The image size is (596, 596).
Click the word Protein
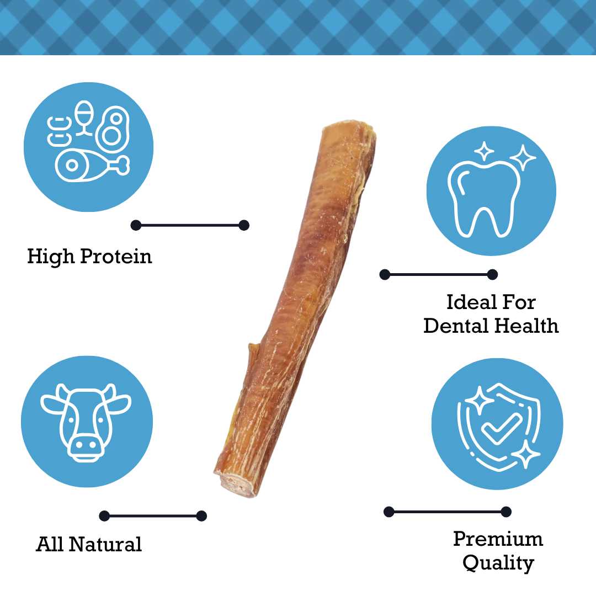116,257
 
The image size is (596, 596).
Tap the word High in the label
51,257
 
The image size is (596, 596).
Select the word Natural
105,544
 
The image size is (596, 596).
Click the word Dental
456,326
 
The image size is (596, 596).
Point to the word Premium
498,539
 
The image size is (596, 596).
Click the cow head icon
86,422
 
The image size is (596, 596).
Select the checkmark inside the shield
502,429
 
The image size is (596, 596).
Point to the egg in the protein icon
84,118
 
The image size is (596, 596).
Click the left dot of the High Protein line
136,225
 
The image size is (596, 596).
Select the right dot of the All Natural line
201,516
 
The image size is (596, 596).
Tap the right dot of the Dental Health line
492,274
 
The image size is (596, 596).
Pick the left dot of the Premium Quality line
389,512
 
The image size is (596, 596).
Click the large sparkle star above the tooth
523,157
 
